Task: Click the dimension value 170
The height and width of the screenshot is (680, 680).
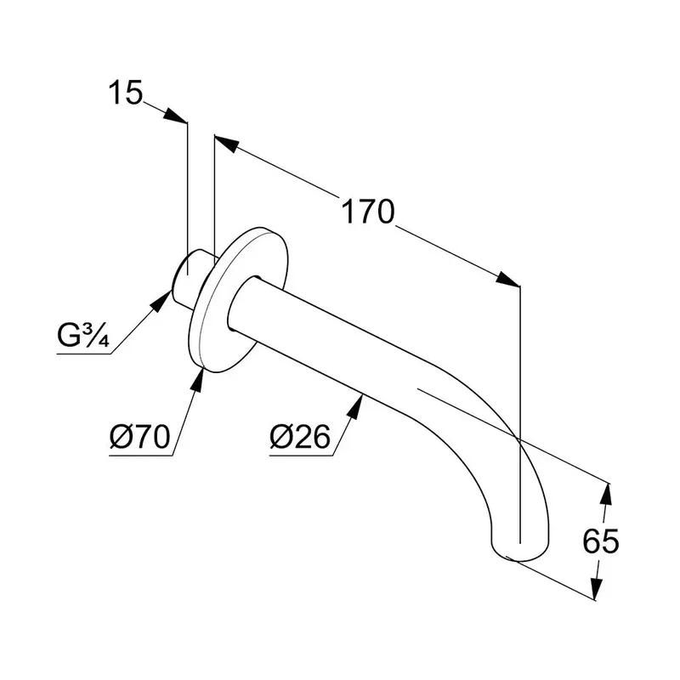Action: point(367,212)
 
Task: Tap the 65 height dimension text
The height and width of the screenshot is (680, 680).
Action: point(600,541)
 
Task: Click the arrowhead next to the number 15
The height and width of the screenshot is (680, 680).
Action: point(177,116)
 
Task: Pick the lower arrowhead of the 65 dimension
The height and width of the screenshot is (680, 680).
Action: point(597,591)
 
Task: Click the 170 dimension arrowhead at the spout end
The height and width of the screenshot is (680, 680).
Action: point(508,281)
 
